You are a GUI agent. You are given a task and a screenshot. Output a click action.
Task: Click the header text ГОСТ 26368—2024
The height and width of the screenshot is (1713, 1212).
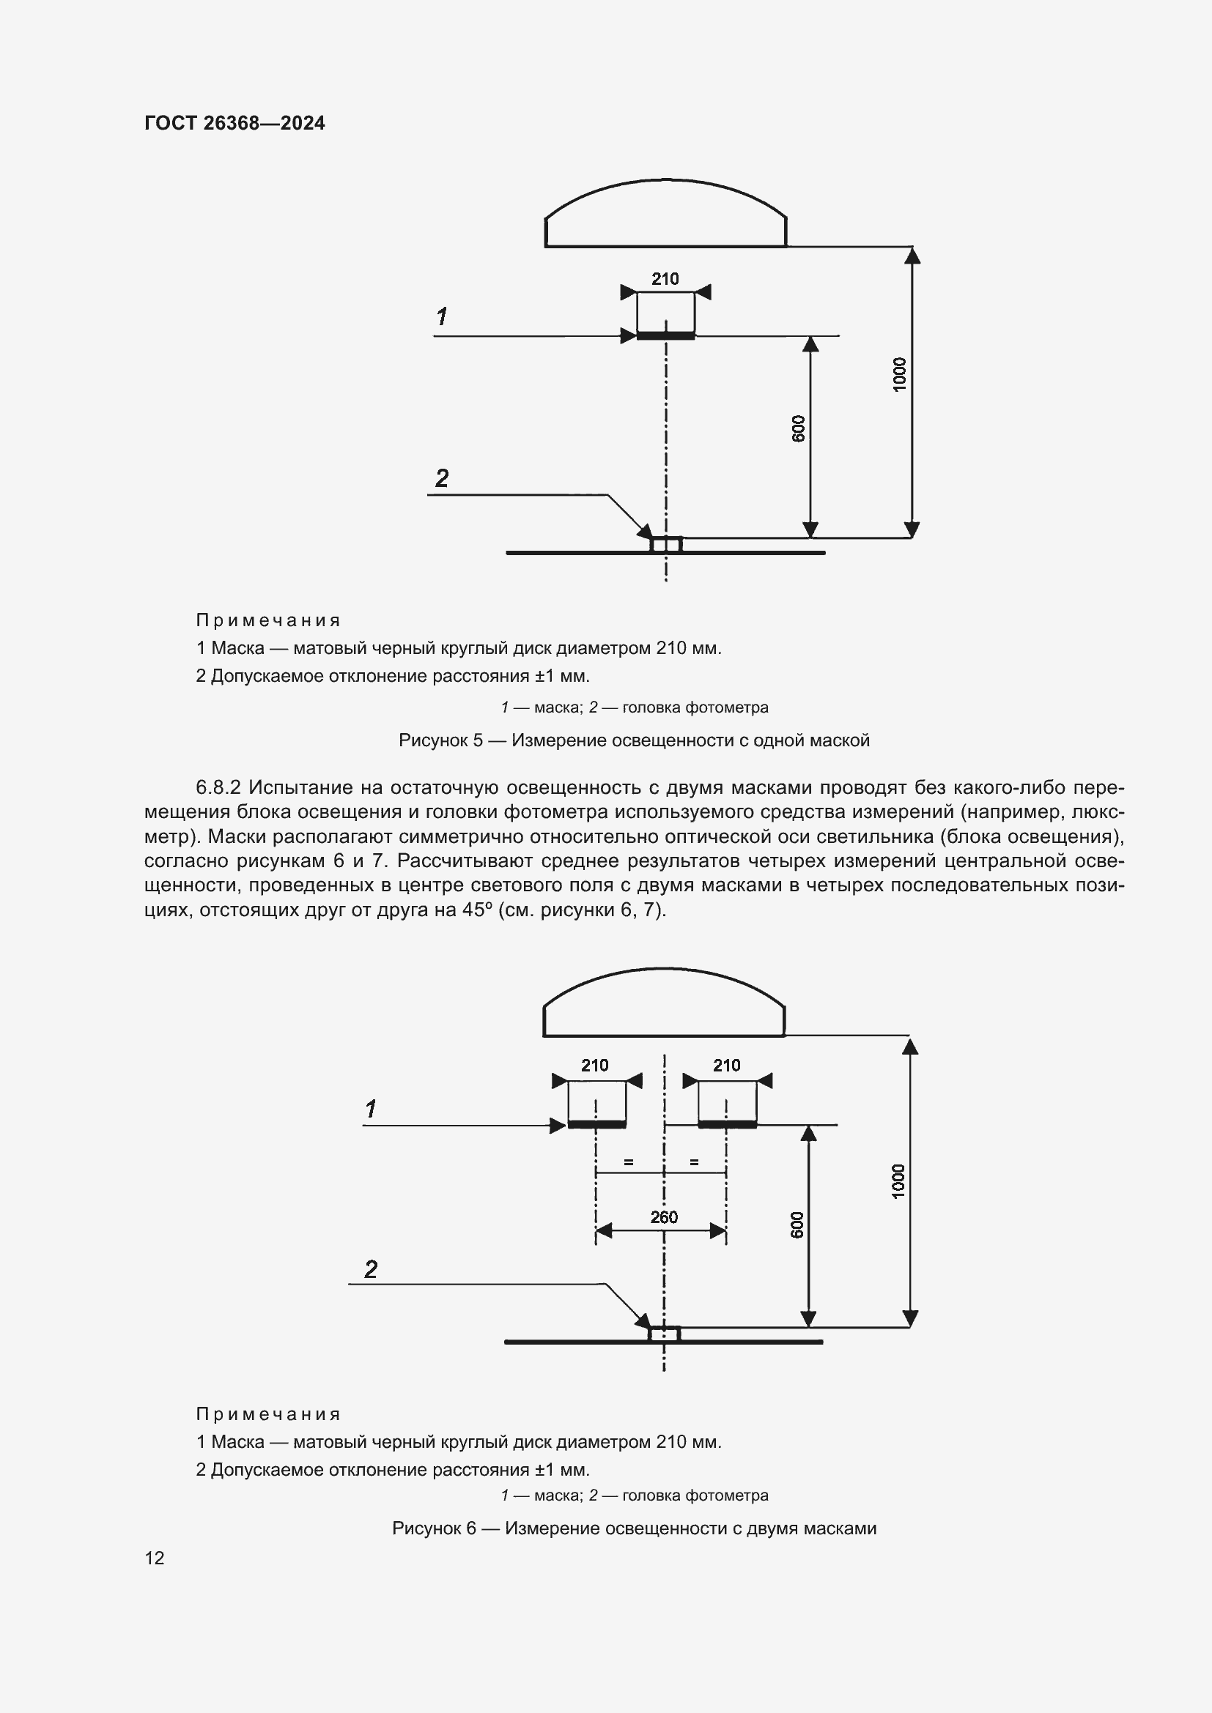pyautogui.click(x=234, y=123)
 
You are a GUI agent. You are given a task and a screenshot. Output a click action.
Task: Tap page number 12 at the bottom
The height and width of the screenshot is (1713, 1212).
pyautogui.click(x=155, y=1558)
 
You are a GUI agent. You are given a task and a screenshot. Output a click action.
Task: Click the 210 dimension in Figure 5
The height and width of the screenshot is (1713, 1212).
pyautogui.click(x=665, y=279)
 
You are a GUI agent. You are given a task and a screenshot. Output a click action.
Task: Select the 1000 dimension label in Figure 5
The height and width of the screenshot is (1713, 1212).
pyautogui.click(x=899, y=374)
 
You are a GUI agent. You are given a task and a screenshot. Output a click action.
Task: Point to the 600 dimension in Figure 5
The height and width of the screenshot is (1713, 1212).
pyautogui.click(x=798, y=429)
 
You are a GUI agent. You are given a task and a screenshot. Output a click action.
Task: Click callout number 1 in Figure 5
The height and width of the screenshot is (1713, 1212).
pyautogui.click(x=442, y=317)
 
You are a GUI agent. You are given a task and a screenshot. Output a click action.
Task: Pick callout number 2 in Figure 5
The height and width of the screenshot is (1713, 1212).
pyautogui.click(x=442, y=478)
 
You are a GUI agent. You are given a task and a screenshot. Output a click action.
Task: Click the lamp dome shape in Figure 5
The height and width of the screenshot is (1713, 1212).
pyautogui.click(x=665, y=216)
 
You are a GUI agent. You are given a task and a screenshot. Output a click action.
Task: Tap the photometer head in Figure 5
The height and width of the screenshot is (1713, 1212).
pyautogui.click(x=665, y=545)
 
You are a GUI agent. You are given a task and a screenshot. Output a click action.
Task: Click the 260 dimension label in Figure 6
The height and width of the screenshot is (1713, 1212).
pyautogui.click(x=663, y=1217)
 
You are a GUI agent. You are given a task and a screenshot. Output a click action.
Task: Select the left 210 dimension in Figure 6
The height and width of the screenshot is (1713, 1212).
pyautogui.click(x=595, y=1066)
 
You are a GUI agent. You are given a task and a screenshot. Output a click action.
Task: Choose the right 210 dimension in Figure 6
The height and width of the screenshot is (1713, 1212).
pyautogui.click(x=726, y=1066)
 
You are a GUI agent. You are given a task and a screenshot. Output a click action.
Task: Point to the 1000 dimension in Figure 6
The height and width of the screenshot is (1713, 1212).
pyautogui.click(x=898, y=1181)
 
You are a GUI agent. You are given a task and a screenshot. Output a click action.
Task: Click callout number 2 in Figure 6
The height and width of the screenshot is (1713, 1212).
pyautogui.click(x=371, y=1269)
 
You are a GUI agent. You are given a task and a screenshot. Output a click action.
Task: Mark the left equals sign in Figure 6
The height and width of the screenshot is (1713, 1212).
pyautogui.click(x=629, y=1162)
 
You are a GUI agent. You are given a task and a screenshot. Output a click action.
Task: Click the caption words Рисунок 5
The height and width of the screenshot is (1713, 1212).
pyautogui.click(x=440, y=740)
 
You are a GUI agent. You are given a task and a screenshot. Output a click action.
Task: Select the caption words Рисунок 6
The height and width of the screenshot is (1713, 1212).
pyautogui.click(x=434, y=1528)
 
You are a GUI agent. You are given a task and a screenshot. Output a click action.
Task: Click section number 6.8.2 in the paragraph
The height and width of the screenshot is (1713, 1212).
pyautogui.click(x=218, y=788)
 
